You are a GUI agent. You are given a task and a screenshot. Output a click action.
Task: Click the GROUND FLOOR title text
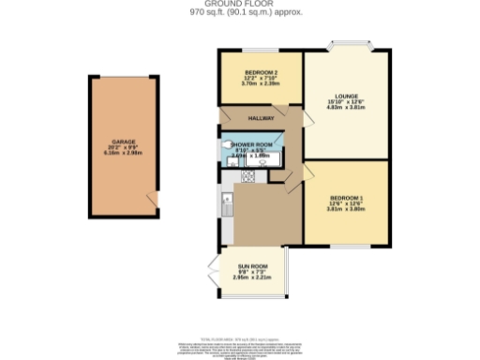[x=240, y=4]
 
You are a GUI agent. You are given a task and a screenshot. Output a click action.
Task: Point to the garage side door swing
[x=152, y=198]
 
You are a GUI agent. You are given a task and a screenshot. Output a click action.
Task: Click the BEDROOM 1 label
[x=347, y=198]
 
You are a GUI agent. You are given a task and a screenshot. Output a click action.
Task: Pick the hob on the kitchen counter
[x=249, y=175]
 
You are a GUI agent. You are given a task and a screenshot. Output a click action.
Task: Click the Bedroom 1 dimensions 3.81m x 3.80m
[x=347, y=210]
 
